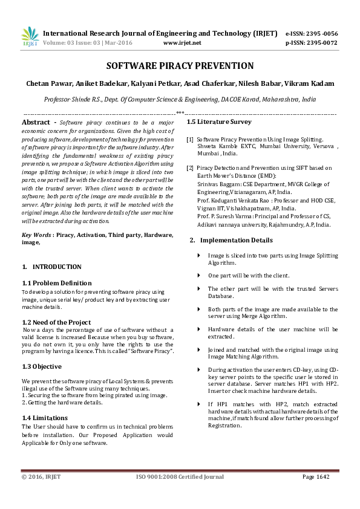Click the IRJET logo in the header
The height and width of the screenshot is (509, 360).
pyautogui.click(x=30, y=37)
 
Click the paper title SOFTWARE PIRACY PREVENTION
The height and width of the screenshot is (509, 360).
pyautogui.click(x=180, y=66)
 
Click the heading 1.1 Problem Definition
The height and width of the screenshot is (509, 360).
pyautogui.click(x=57, y=283)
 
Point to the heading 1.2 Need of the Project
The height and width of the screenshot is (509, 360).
pyautogui.click(x=56, y=322)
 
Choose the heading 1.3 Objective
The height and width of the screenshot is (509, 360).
pyautogui.click(x=42, y=366)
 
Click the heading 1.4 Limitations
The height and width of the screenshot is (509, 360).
pyautogui.click(x=45, y=418)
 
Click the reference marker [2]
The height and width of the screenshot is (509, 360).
pyautogui.click(x=190, y=167)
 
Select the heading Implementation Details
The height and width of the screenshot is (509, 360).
pyautogui.click(x=232, y=240)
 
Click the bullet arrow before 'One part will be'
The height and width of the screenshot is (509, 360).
pyautogui.click(x=200, y=275)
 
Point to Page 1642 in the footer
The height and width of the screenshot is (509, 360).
pyautogui.click(x=316, y=477)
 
